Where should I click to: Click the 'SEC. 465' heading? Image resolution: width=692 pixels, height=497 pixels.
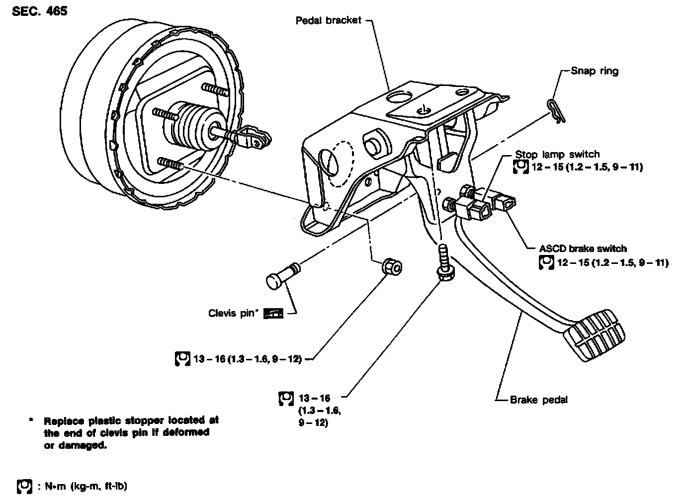[x=39, y=10]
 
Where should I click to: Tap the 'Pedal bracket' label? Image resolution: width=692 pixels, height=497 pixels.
[x=328, y=20]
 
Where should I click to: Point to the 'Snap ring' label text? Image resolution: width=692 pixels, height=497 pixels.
[x=594, y=71]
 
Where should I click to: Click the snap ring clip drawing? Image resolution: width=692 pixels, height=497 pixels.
[x=553, y=109]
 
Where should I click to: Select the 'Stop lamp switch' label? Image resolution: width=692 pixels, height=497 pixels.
[x=557, y=154]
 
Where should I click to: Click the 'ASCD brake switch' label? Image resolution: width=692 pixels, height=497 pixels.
[x=583, y=248]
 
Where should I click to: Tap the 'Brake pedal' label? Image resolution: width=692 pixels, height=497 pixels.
[x=538, y=400]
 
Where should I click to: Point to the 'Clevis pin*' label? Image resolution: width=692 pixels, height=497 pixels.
[x=232, y=314]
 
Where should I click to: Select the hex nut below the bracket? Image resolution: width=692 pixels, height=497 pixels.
[x=392, y=267]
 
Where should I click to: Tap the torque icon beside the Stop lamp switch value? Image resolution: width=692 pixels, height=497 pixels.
[x=519, y=167]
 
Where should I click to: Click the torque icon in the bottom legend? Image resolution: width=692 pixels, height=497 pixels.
[x=24, y=486]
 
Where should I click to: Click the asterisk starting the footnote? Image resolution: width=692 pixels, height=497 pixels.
[x=31, y=420]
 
